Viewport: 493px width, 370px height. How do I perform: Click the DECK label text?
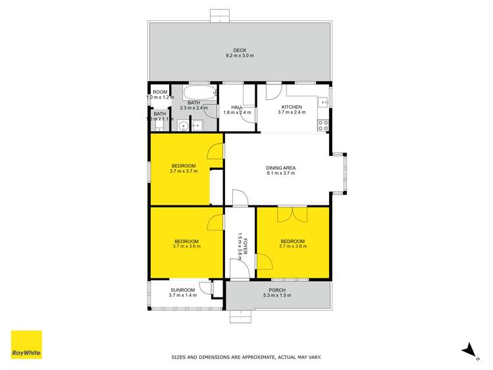[239, 50]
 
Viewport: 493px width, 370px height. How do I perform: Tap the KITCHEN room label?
[292, 107]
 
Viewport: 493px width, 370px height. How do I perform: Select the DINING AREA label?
[280, 168]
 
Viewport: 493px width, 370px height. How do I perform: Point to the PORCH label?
[277, 290]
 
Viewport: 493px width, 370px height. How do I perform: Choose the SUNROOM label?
[182, 290]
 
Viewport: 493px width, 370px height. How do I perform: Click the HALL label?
[237, 107]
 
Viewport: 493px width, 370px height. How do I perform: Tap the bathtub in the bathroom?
[198, 92]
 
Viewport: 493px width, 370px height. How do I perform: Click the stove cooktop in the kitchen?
[323, 123]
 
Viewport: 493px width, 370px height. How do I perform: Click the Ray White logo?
[26, 345]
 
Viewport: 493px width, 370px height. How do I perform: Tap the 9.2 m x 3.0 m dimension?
[239, 56]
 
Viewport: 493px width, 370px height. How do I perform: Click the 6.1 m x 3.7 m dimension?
[280, 174]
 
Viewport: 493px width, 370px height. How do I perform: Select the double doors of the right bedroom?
[292, 214]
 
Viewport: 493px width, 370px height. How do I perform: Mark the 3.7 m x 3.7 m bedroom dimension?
[184, 171]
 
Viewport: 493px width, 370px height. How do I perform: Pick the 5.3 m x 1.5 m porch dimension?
[277, 296]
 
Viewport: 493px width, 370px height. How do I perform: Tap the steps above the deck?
[220, 16]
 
